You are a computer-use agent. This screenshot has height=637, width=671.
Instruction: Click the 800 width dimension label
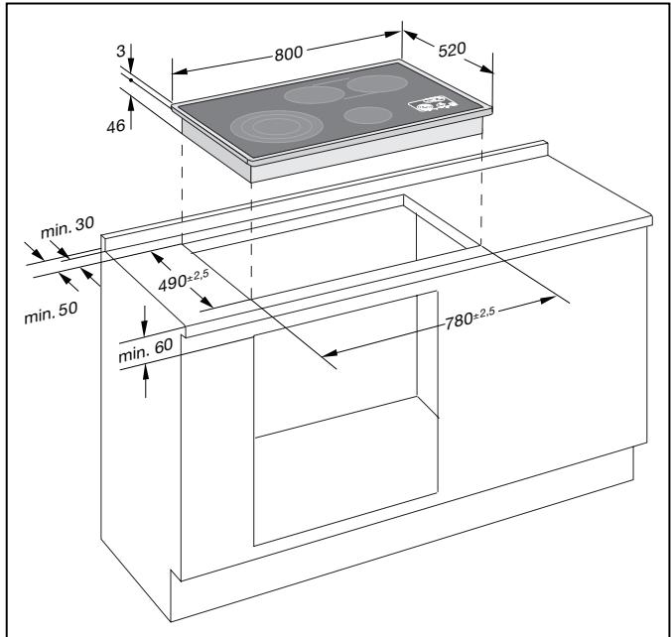click(x=289, y=54)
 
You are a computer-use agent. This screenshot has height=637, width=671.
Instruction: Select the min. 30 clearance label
click(x=67, y=226)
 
